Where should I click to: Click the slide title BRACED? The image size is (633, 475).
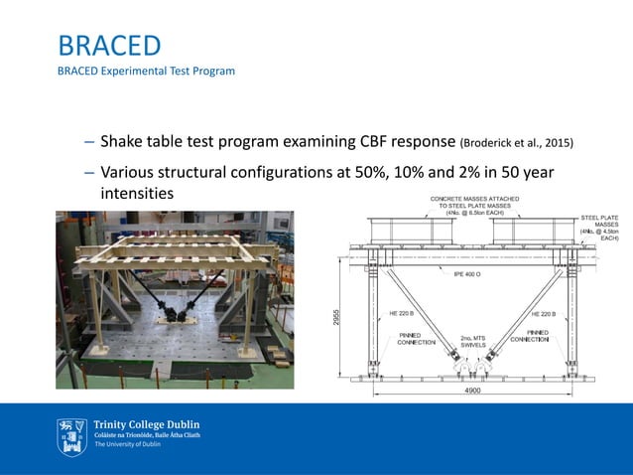[x=109, y=46]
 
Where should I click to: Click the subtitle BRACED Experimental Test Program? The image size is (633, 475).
[x=146, y=72]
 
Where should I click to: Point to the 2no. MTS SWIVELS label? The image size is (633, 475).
[x=472, y=341]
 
